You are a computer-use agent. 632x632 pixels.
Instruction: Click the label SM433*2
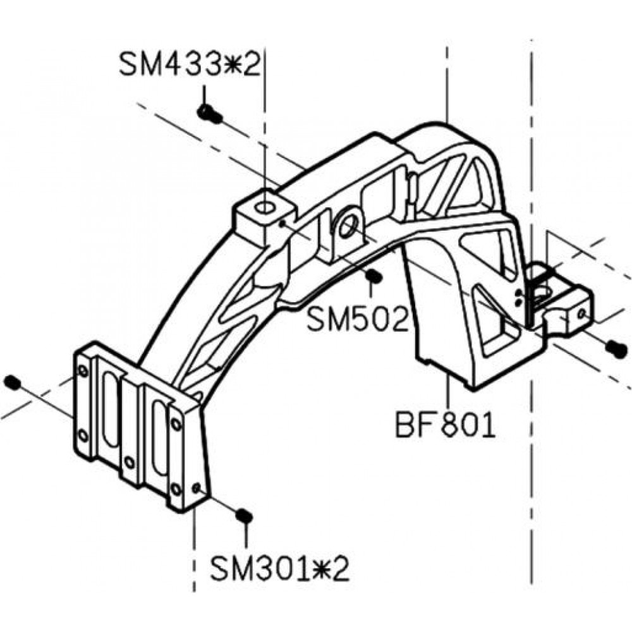(x=190, y=65)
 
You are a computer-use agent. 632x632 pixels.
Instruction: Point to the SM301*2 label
(x=280, y=569)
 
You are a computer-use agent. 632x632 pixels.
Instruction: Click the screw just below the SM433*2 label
(x=210, y=113)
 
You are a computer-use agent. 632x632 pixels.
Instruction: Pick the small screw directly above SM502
(x=374, y=276)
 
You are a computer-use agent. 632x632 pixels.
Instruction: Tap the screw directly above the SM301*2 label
(x=244, y=516)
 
